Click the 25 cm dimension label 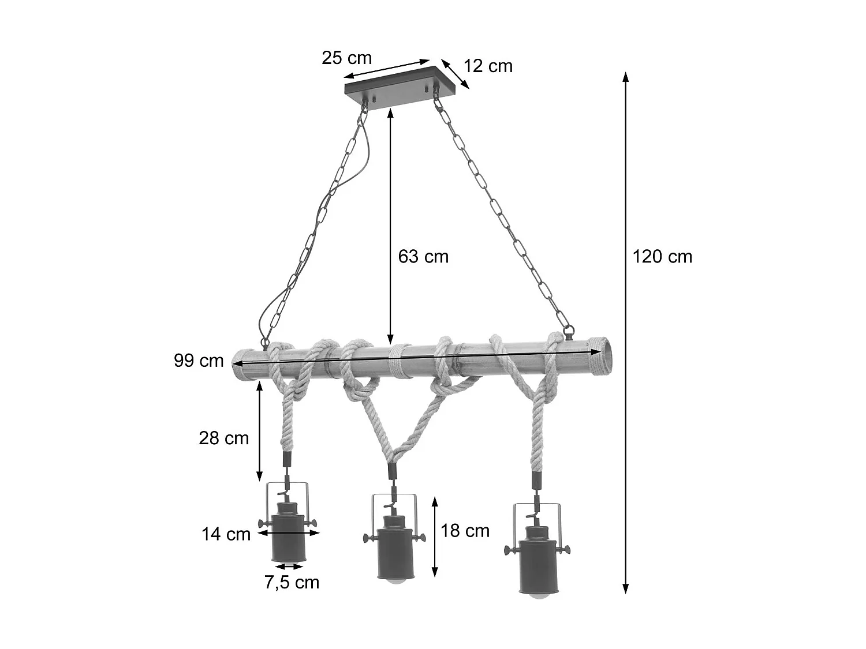pyautogui.click(x=346, y=58)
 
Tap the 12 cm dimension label pyautogui.click(x=488, y=66)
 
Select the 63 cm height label pyautogui.click(x=423, y=256)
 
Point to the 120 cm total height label pyautogui.click(x=662, y=256)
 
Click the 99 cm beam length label pyautogui.click(x=199, y=361)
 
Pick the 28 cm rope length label pyautogui.click(x=223, y=438)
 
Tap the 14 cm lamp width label pyautogui.click(x=226, y=534)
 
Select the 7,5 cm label pyautogui.click(x=292, y=583)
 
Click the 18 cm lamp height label pyautogui.click(x=465, y=531)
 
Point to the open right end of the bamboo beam pyautogui.click(x=600, y=355)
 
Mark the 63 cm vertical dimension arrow pyautogui.click(x=391, y=225)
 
